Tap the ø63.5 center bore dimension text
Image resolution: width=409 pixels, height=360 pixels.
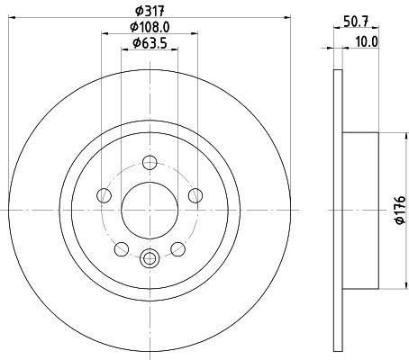point(148,43)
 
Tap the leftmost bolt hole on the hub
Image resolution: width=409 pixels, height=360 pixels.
point(105,196)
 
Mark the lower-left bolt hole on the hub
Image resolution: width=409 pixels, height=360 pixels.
point(121,247)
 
